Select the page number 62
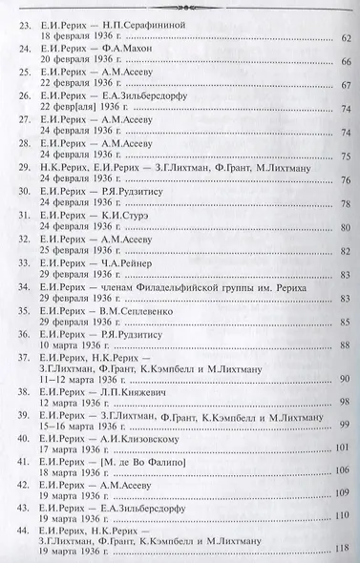point(345,39)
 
